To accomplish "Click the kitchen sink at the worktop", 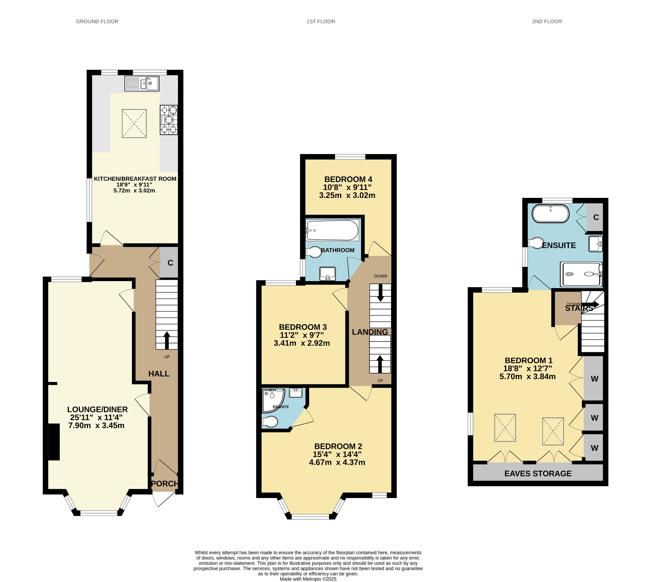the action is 142,84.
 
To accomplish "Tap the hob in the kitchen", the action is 169,120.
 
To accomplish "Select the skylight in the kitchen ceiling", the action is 134,124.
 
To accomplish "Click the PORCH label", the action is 165,484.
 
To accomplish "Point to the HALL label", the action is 159,374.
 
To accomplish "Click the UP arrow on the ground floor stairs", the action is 167,340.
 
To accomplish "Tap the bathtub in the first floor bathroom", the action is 332,230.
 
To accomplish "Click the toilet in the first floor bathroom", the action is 313,252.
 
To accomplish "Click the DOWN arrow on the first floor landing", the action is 380,293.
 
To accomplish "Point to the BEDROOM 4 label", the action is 348,179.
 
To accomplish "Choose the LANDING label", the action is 370,332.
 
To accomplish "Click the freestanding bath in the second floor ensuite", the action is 551,213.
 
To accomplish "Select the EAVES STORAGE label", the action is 538,474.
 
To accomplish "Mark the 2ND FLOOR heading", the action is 547,21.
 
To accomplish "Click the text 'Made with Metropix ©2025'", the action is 308,579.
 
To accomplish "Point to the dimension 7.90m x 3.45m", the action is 96,426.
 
